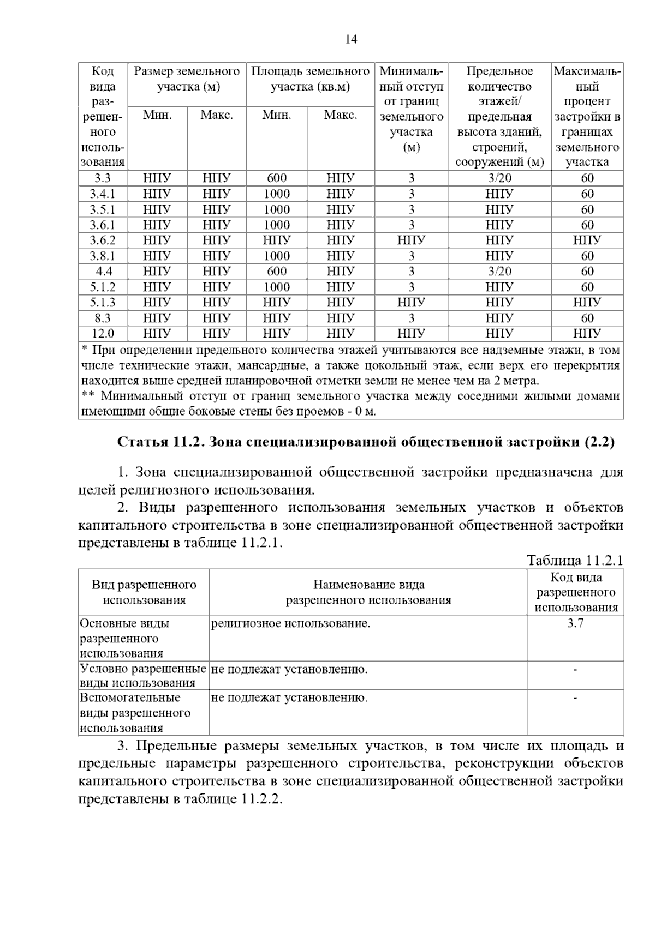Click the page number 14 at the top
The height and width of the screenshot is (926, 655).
click(x=351, y=39)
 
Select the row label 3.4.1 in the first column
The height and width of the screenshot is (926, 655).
click(x=102, y=194)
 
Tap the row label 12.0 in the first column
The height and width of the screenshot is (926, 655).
click(x=102, y=333)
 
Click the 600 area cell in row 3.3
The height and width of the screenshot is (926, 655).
click(x=276, y=178)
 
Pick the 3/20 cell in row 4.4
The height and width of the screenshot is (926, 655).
click(x=499, y=271)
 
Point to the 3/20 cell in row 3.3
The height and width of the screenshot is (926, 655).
click(x=499, y=178)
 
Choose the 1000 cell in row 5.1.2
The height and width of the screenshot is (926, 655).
click(x=276, y=287)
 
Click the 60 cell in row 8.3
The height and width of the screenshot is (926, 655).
click(x=587, y=318)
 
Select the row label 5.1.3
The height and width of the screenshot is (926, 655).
click(x=102, y=302)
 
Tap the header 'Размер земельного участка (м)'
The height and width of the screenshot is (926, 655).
click(x=187, y=79)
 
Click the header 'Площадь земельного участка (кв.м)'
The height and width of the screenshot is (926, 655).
click(x=310, y=79)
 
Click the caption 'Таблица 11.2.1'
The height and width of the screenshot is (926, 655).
click(x=574, y=560)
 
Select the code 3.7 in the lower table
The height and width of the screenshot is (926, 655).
click(x=575, y=623)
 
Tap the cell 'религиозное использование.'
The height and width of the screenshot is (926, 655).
click(x=290, y=623)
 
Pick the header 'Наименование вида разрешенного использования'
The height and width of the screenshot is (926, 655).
click(x=368, y=592)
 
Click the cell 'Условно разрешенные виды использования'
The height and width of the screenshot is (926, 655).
click(x=143, y=676)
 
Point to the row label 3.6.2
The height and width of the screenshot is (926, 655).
click(x=102, y=240)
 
